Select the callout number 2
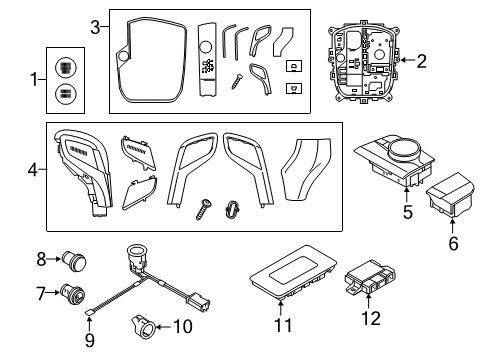[421, 62]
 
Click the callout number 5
[406, 213]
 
